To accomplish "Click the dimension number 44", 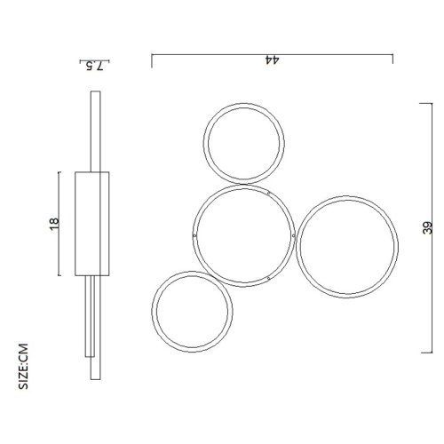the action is [x=273, y=59].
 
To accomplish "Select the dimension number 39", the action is [x=428, y=228].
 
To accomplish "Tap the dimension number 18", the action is [x=54, y=224].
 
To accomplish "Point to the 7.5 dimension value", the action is [x=94, y=66].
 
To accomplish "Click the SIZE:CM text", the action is [x=23, y=366].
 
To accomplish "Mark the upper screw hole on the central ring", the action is [x=268, y=194].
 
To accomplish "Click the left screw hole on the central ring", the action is [x=194, y=236].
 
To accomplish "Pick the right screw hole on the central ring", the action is [x=293, y=236].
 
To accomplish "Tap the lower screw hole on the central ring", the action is [x=268, y=278].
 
